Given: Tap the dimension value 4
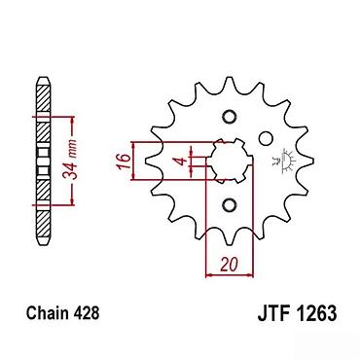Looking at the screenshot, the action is [x=182, y=161].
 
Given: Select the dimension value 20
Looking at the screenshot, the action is [x=230, y=265].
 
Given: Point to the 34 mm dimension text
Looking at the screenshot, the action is [x=70, y=160].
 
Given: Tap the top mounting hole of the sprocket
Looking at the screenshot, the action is [x=230, y=118].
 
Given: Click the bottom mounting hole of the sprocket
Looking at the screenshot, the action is [x=230, y=204].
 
